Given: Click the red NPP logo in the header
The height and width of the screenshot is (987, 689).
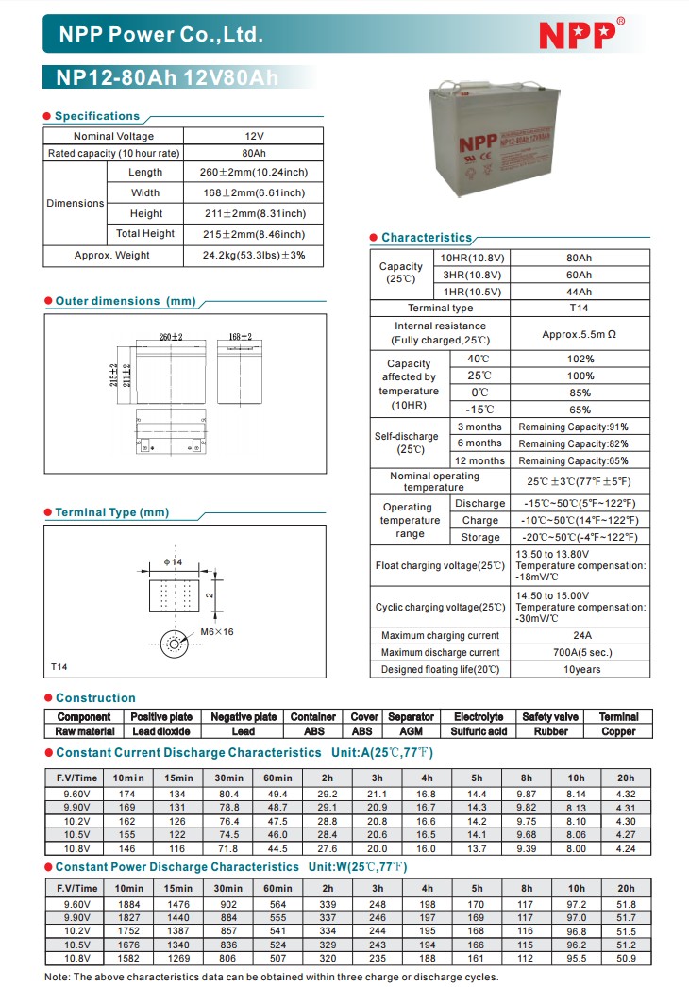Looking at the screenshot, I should pos(577,34).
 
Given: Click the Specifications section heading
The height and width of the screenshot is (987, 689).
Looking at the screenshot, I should pos(96,116).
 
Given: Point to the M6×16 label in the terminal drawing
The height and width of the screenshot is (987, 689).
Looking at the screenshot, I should pos(217,631).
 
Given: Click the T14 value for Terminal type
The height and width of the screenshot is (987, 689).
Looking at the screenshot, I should pos(579,309).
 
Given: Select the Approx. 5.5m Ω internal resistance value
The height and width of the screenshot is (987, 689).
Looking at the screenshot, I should pos(579,334).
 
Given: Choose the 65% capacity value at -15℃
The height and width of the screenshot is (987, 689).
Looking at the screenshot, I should pos(580,410).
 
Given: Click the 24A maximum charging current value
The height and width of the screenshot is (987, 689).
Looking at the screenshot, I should pos(580,635).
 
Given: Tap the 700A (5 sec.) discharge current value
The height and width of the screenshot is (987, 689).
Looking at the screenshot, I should pos(580,652).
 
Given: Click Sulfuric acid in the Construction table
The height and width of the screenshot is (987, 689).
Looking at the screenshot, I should pos(479,731).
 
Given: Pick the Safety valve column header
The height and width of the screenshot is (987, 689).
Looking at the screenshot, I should pos(550,717).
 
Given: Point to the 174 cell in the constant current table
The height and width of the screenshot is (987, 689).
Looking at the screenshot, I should pos(127,795).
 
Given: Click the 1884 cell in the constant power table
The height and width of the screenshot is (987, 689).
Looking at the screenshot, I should pos(127,905).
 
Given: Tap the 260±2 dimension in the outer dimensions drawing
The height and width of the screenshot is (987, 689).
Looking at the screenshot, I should pos(171,337).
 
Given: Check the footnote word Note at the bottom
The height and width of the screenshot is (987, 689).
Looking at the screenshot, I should pos(57,977).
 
